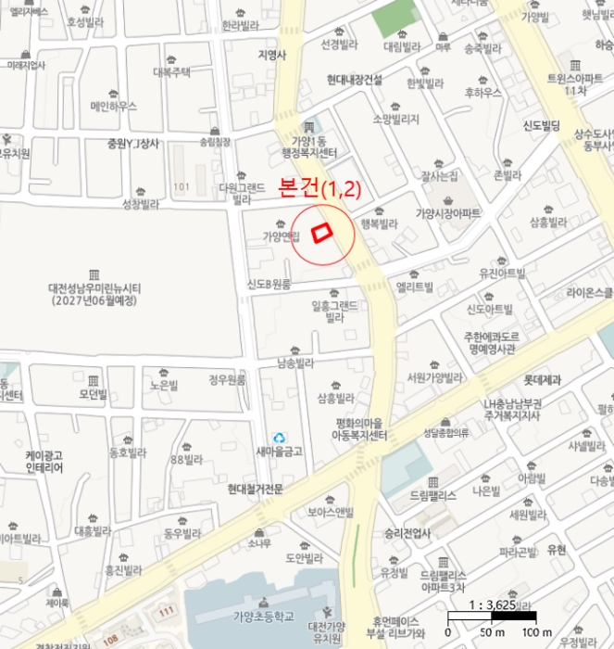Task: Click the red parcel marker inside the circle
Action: coord(322,233)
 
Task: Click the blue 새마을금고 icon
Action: coord(280,436)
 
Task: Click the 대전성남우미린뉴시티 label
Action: coord(94,294)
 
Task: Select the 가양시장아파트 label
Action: coord(447,213)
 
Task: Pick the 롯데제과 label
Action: coord(544,379)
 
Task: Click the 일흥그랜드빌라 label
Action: coord(334,311)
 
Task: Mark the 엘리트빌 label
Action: coord(414,286)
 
